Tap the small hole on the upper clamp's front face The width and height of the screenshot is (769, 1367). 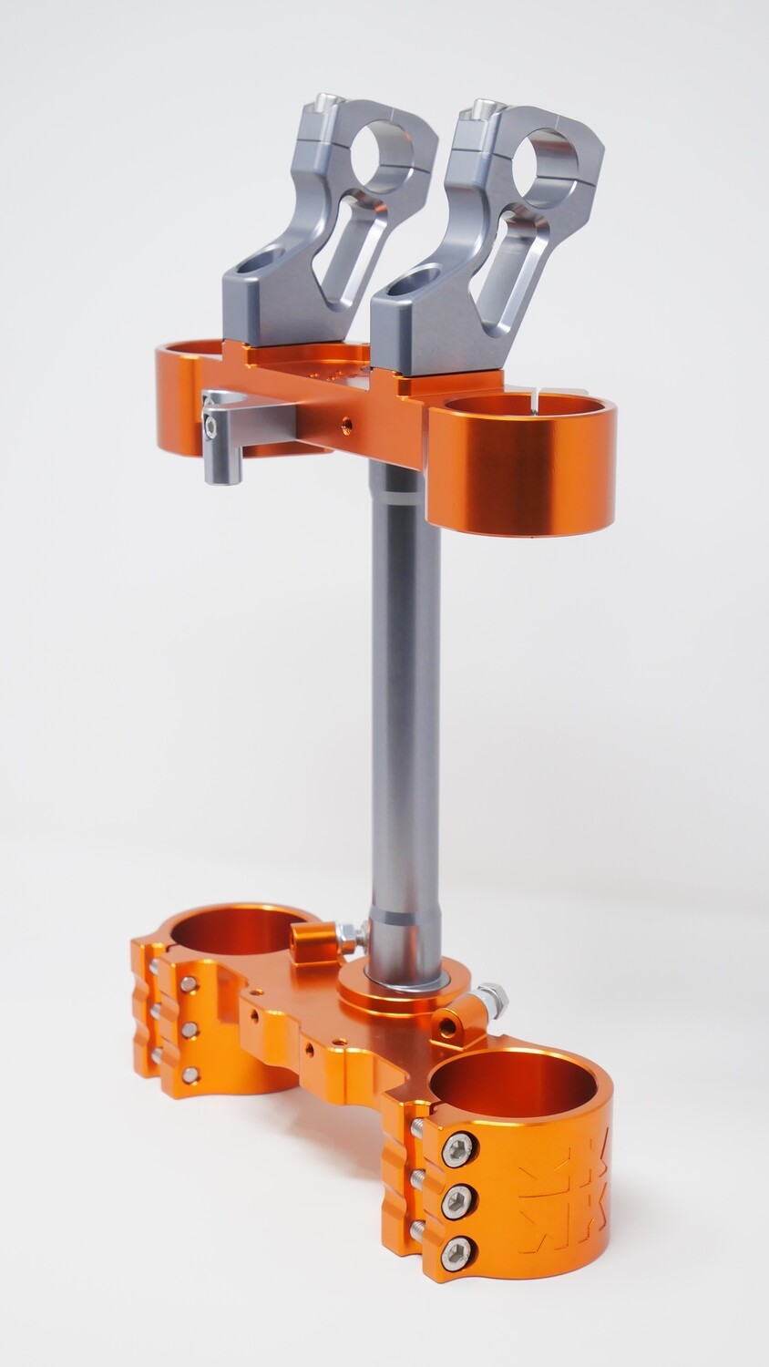coord(346,422)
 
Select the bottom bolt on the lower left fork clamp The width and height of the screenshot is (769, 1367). coord(190,1075)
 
